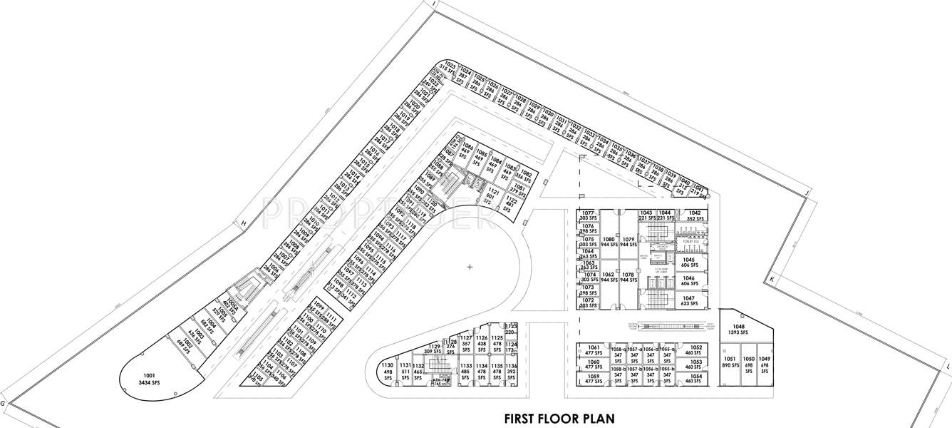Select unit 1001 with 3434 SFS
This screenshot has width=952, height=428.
coord(149,379)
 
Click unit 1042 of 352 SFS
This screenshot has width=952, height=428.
coord(694,216)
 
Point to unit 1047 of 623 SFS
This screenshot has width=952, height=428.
coord(688,300)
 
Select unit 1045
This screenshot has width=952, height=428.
coord(688,263)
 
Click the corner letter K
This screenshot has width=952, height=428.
coord(771,280)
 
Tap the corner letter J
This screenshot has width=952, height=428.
coord(807,193)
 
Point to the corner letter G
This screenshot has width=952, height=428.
coord(4,404)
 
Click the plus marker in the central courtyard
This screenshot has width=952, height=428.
coord(470,267)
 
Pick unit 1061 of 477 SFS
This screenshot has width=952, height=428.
coord(594,350)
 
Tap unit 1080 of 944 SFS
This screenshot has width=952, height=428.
coord(609,241)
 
